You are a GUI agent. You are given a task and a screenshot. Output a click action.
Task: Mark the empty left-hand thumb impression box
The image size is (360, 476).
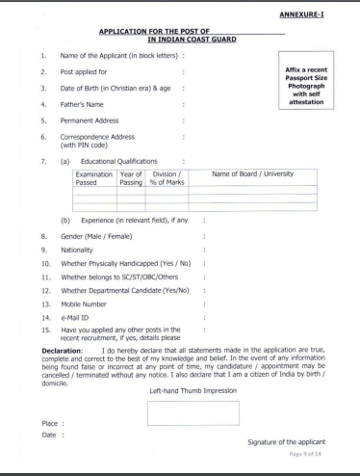(192, 412)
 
